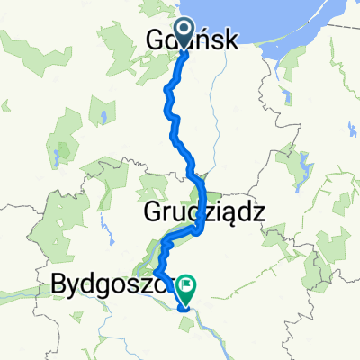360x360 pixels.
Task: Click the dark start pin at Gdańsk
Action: click(x=184, y=32)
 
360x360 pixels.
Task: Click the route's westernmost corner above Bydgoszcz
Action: click(x=155, y=270)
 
